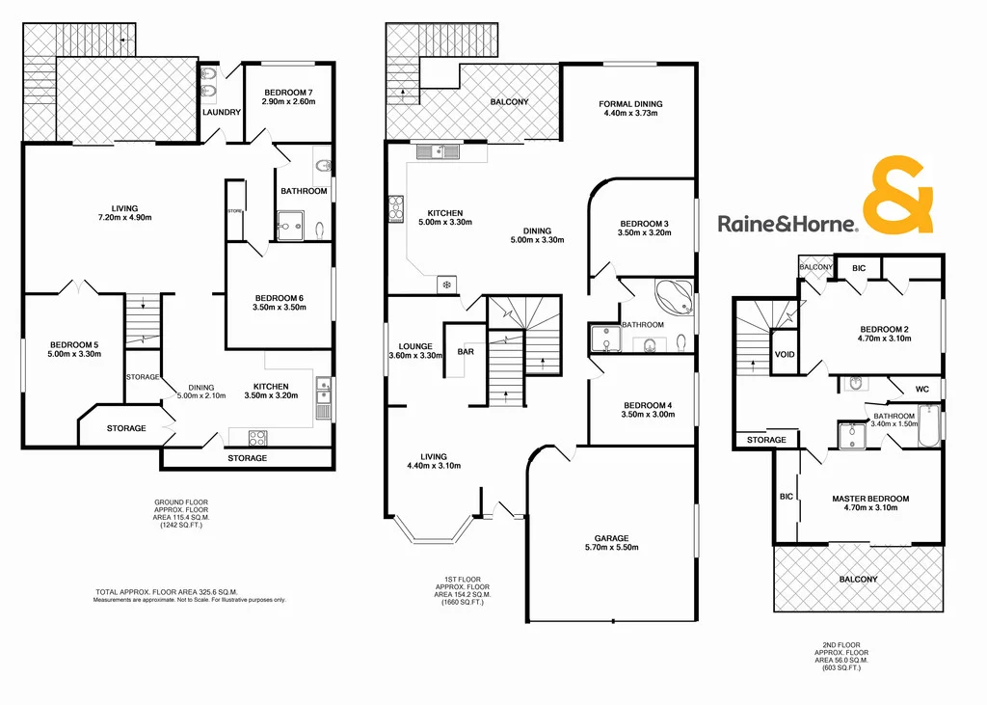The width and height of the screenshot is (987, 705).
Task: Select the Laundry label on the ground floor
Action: pyautogui.click(x=221, y=113)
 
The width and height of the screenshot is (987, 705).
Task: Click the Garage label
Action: pyautogui.click(x=611, y=538)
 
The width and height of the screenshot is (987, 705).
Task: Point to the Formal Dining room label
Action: pyautogui.click(x=630, y=104)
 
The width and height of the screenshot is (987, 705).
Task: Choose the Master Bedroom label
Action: pyautogui.click(x=870, y=499)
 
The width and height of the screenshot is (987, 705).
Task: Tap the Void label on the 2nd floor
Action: pyautogui.click(x=785, y=355)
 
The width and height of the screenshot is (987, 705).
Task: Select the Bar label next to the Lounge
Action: pyautogui.click(x=466, y=352)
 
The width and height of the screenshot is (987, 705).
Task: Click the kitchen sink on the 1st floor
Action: pyautogui.click(x=440, y=150)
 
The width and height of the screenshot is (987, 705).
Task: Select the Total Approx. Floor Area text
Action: pyautogui.click(x=167, y=591)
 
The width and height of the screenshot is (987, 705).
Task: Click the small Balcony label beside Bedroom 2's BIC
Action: pyautogui.click(x=815, y=267)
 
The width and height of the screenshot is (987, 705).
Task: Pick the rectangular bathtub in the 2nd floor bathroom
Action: pyautogui.click(x=927, y=425)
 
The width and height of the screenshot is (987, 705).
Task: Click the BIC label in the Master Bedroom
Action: pyautogui.click(x=786, y=496)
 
